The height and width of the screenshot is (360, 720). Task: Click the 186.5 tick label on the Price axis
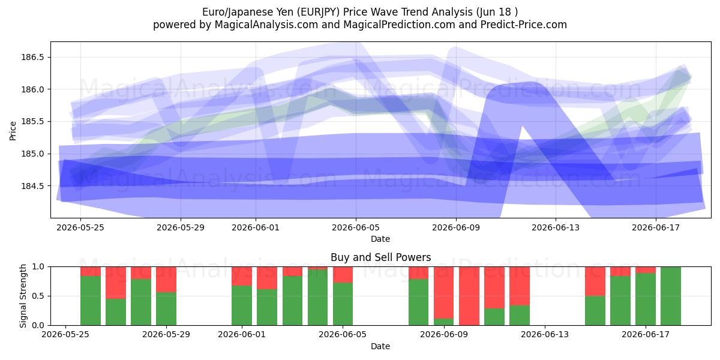[x=32, y=57]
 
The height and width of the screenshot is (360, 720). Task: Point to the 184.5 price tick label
[x=32, y=186]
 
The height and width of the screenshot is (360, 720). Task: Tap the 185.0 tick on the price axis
[x=32, y=154]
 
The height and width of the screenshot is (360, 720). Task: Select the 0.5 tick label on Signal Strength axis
[x=38, y=296]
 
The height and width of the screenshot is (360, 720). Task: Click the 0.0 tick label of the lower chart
[x=38, y=325]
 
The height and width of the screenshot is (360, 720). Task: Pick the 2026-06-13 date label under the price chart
[x=556, y=227]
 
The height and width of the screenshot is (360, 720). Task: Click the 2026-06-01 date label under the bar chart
[x=242, y=335]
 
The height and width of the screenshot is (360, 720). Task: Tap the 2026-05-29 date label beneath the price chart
[x=181, y=227]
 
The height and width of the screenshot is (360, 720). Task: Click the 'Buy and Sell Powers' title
[x=380, y=257]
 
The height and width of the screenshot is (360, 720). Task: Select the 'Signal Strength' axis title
[x=23, y=296]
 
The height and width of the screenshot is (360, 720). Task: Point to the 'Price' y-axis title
[x=13, y=131]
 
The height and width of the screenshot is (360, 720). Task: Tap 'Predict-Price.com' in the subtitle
[x=524, y=25]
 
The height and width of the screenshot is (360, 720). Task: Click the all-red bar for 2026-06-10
[x=469, y=296]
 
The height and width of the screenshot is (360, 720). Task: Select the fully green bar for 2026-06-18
[x=671, y=296]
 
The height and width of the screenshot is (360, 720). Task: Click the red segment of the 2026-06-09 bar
[x=444, y=293]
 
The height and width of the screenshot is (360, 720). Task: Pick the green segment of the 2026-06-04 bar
[x=317, y=298]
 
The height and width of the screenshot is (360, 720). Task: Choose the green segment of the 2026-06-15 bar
[x=595, y=311]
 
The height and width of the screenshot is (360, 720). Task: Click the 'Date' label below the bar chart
[x=380, y=346]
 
